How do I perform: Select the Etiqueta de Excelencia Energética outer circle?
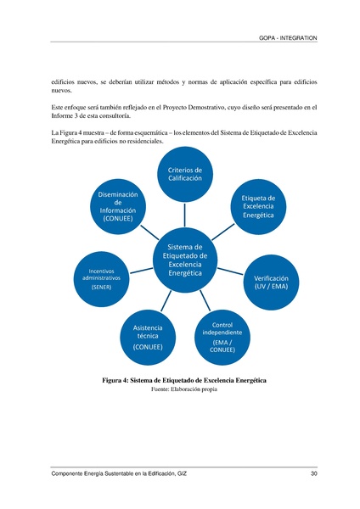pos(258,206)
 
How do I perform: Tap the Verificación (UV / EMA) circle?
pos(272,282)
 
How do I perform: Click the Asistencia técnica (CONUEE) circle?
pos(148,335)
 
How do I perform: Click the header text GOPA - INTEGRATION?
pos(290,39)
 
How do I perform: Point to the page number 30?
pos(313,473)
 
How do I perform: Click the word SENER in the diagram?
pos(102,287)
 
